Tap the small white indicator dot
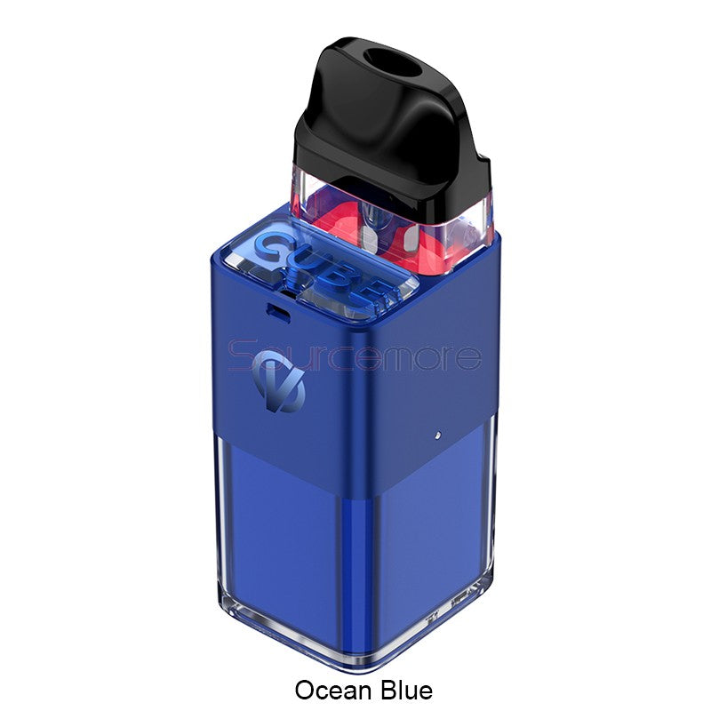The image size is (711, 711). point(437,435)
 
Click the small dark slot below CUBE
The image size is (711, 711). point(278,313)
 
